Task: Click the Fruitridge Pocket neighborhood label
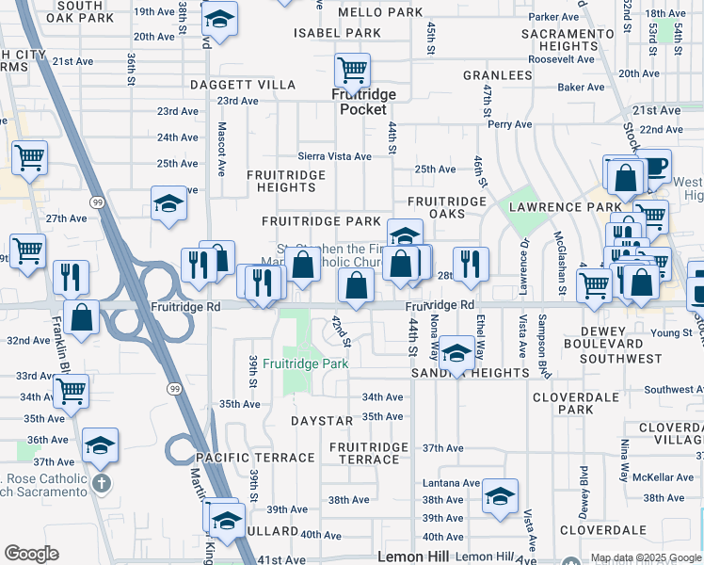coord(362,102)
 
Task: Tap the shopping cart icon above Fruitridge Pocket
coord(352,69)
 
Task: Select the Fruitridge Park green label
coord(306,363)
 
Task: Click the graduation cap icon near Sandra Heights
coord(456,353)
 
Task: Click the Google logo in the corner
coord(32,554)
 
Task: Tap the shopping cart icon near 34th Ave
coord(72,391)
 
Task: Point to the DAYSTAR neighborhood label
coord(321,420)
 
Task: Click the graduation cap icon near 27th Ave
coord(169,203)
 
